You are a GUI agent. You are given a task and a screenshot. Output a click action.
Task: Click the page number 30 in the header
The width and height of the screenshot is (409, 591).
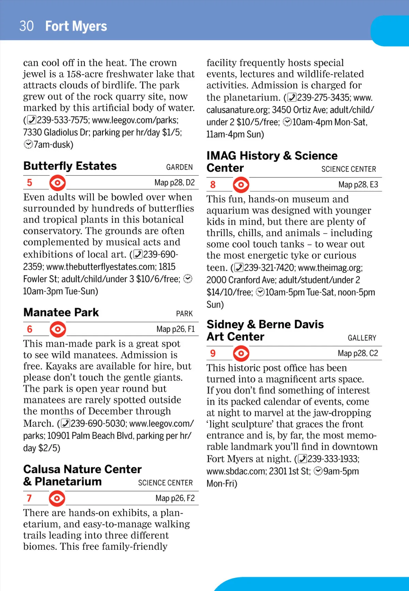(x=27, y=26)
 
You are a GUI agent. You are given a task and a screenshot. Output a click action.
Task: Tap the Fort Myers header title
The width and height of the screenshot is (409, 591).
(x=76, y=26)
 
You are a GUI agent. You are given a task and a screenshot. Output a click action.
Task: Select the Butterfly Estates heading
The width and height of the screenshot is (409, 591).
(x=70, y=166)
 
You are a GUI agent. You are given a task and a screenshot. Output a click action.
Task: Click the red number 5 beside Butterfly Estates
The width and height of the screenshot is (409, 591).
(x=30, y=183)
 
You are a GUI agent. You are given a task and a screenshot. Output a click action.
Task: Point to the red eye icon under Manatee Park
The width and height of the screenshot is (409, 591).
(x=58, y=329)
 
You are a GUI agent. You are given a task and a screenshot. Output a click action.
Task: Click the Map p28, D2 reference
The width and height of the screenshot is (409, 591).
(x=175, y=183)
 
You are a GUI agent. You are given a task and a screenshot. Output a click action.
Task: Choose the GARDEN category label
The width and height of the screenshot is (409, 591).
(x=179, y=167)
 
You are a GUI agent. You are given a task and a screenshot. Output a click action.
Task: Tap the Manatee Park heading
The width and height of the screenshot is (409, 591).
(x=61, y=312)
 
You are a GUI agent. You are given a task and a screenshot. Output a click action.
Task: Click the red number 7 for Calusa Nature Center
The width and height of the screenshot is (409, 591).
(x=29, y=499)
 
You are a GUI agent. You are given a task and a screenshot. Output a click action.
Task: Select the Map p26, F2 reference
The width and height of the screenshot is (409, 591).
(x=175, y=499)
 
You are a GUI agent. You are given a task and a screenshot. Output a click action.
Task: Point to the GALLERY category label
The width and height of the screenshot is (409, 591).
(x=362, y=338)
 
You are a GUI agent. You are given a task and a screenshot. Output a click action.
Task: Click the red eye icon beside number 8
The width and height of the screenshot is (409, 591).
(x=241, y=185)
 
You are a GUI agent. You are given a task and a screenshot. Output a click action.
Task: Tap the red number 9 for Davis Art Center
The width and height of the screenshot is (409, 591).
(x=213, y=354)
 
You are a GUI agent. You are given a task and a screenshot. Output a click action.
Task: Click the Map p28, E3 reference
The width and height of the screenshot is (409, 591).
(x=358, y=185)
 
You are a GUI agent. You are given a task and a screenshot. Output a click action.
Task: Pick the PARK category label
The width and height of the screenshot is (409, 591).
(x=184, y=314)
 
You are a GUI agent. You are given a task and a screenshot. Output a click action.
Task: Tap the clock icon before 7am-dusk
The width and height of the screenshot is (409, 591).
(x=28, y=145)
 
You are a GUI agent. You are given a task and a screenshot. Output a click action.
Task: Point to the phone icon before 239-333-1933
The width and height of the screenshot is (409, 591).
(x=302, y=459)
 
